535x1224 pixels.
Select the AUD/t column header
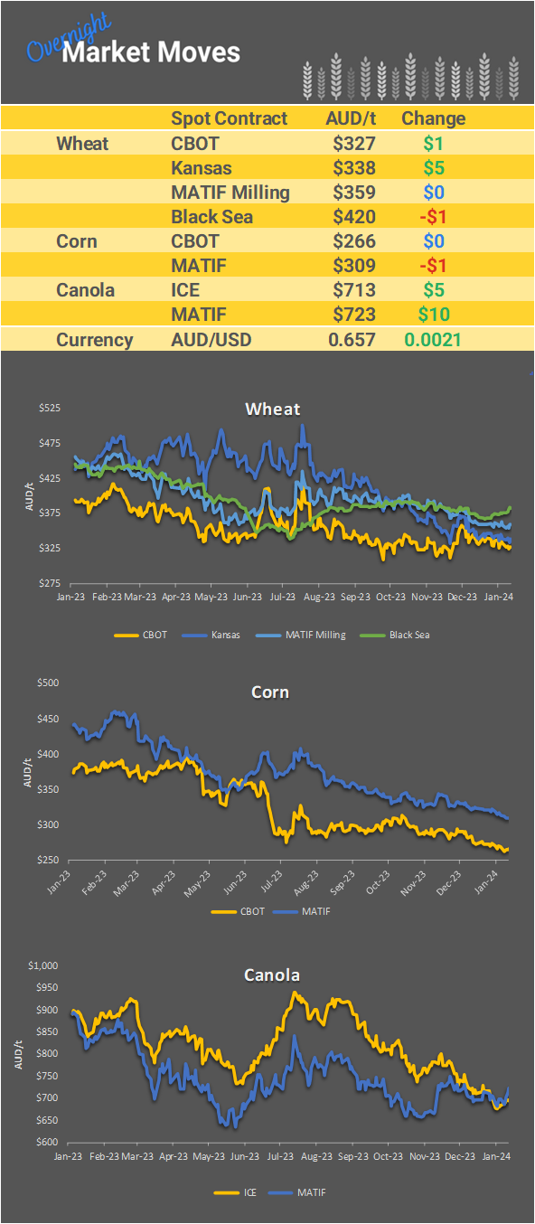(350, 118)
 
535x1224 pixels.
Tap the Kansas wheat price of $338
(353, 168)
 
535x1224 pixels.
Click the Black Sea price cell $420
(353, 217)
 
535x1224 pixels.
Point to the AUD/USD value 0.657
(352, 340)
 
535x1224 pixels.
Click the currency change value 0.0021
(434, 340)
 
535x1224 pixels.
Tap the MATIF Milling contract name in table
(230, 193)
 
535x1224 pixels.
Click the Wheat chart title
(273, 410)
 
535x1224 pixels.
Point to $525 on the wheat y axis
(49, 409)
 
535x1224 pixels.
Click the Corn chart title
(270, 692)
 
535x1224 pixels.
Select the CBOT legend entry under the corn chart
(252, 911)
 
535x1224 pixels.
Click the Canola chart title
(272, 975)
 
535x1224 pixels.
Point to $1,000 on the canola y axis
(43, 965)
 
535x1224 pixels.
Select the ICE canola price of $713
(353, 290)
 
